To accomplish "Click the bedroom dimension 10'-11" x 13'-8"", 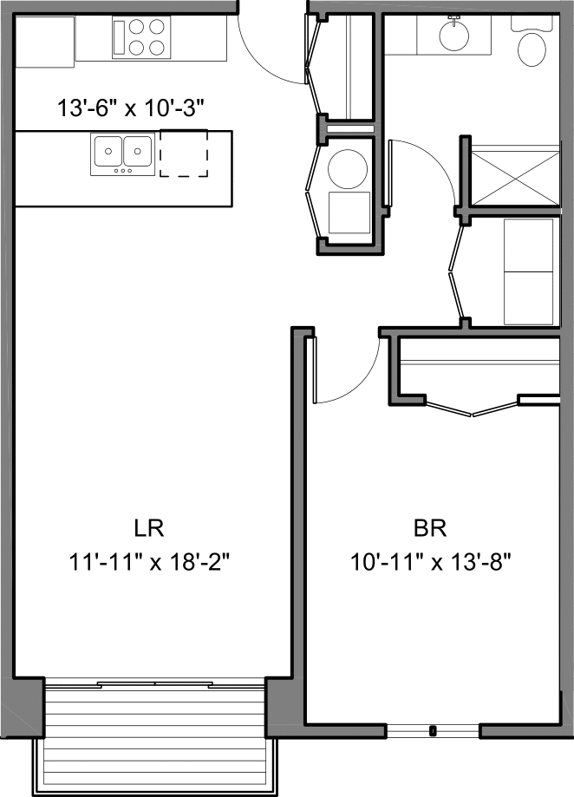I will (430, 561).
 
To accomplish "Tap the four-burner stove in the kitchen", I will (140, 37).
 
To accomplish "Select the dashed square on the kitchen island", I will (184, 154).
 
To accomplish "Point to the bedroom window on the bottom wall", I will (433, 731).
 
